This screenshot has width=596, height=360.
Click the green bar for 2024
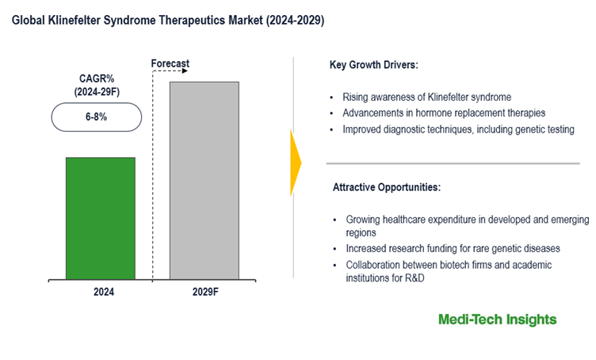pyautogui.click(x=100, y=217)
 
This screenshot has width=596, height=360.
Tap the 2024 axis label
pyautogui.click(x=104, y=292)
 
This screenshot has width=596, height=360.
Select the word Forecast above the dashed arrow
pyautogui.click(x=170, y=63)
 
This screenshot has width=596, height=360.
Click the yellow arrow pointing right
pyautogui.click(x=296, y=163)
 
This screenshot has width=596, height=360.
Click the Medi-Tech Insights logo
pyautogui.click(x=497, y=320)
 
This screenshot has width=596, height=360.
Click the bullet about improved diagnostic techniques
pyautogui.click(x=458, y=129)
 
